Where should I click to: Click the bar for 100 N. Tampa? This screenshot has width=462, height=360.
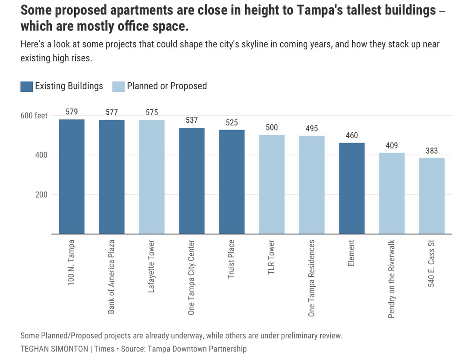click(72, 176)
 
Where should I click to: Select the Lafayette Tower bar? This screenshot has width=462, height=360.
click(152, 177)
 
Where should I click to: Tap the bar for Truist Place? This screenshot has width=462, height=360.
click(232, 182)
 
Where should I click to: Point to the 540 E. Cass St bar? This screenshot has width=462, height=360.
click(432, 196)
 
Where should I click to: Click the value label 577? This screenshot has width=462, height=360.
click(112, 112)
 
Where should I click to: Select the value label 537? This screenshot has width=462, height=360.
click(192, 120)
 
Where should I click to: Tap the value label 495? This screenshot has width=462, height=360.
click(312, 128)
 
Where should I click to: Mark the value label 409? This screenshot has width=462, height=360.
click(392, 145)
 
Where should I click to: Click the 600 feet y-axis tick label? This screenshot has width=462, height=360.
click(34, 116)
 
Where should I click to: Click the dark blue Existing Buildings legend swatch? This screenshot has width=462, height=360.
click(27, 86)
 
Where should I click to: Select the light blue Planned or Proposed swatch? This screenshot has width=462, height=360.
click(118, 86)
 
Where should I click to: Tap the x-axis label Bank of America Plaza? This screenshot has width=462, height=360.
click(112, 276)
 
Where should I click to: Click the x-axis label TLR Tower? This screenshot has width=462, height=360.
click(272, 258)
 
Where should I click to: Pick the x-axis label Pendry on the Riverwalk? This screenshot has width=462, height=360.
click(392, 279)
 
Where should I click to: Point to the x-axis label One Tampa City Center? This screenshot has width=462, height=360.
click(192, 277)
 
